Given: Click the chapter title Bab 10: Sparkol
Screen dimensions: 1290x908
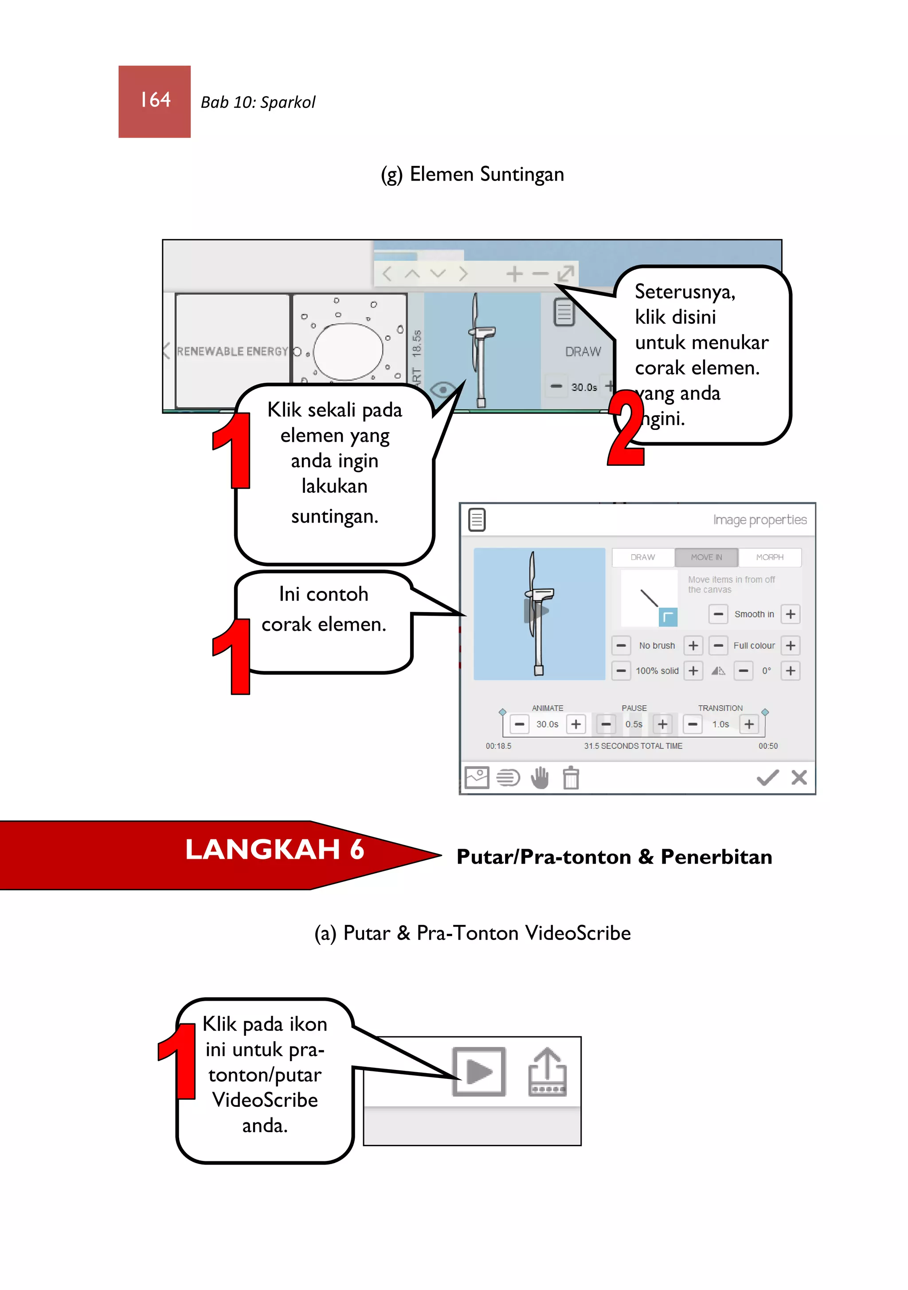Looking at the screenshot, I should pos(258,102).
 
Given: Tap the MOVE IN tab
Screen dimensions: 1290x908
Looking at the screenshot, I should pos(706,557).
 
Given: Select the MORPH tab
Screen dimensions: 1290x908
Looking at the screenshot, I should pos(769,557).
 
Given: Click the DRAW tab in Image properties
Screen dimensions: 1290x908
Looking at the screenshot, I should pos(642,557).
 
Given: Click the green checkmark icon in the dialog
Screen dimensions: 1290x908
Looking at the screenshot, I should pos(767,778).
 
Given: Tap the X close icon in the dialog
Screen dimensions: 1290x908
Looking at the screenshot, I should pos(798,778).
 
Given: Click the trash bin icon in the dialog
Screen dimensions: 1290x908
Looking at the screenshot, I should pos(571,778).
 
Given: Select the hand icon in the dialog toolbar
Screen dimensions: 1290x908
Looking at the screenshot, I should pos(540,778).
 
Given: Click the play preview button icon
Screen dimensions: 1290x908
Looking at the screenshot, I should pos(479,1071).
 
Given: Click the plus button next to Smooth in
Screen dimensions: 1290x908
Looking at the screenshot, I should pos(790,614).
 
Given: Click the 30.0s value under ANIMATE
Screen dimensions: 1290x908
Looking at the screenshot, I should pos(547,724).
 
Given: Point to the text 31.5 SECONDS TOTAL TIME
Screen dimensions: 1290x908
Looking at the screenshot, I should pos(633,746).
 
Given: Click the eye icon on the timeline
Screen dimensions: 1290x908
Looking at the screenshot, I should pos(442,389).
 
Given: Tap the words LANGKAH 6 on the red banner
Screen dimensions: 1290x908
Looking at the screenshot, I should pos(274,849).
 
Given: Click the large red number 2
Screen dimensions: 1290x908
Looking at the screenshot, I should pos(626,428).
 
